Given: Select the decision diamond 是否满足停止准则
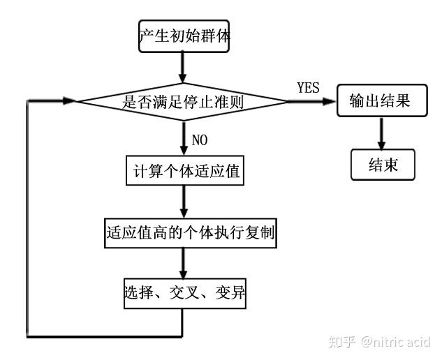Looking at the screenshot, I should (183, 102).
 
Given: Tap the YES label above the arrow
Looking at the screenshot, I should (308, 88).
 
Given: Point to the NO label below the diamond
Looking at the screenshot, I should (199, 140).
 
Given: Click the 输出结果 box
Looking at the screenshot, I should (379, 102).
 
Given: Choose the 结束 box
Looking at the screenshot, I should (383, 165).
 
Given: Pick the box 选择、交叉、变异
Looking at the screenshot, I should (185, 294).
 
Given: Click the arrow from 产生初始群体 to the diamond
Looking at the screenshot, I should (183, 68).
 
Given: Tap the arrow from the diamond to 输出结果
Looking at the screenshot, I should (311, 102).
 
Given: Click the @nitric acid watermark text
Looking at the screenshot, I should (395, 342).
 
